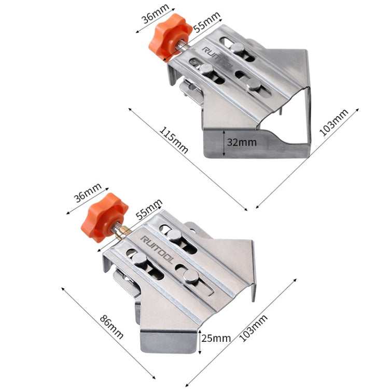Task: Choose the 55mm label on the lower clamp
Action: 149,209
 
